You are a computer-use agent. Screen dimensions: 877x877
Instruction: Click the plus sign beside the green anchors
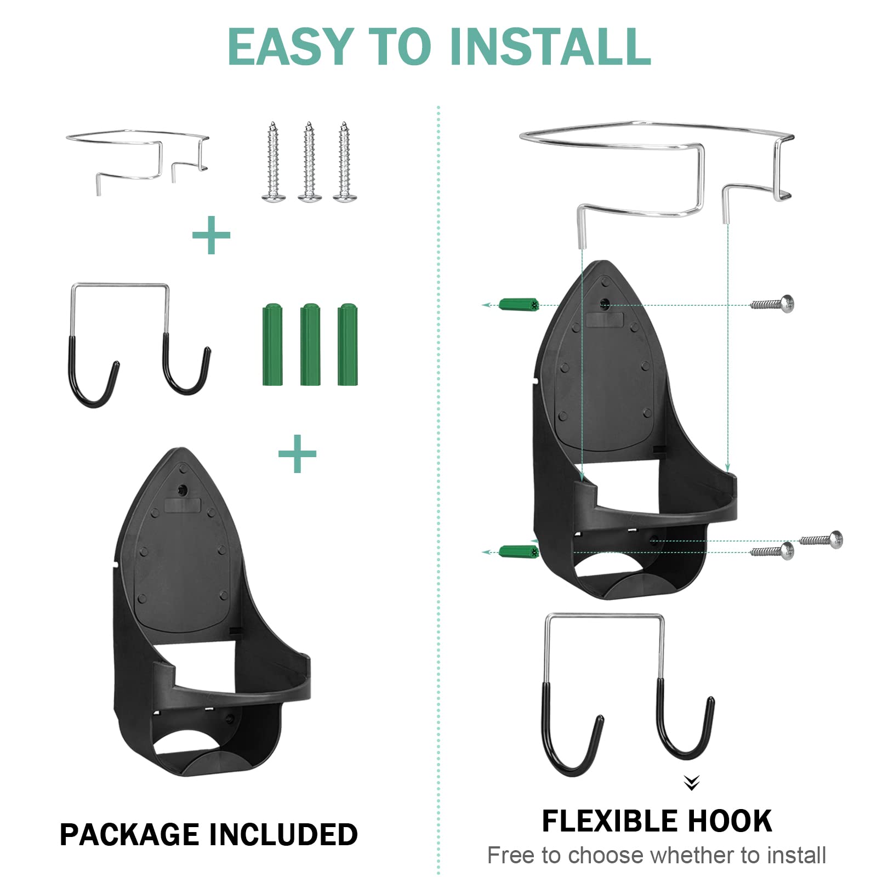[x=297, y=453]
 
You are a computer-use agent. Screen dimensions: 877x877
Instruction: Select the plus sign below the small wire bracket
[x=211, y=235]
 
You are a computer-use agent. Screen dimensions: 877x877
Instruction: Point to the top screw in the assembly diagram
[x=773, y=303]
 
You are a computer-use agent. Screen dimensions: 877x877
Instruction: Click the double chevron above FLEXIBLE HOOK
[x=692, y=783]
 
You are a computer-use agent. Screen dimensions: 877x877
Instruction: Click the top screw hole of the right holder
[x=605, y=303]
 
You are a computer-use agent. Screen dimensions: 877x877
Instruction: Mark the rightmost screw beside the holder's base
[x=822, y=539]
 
